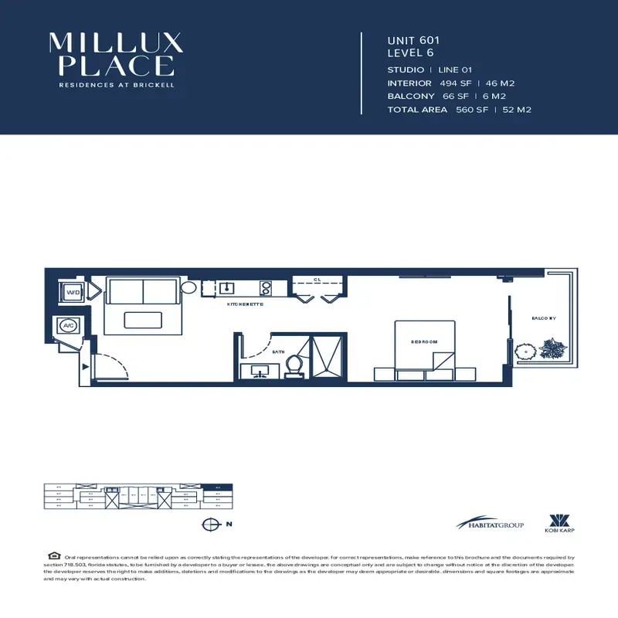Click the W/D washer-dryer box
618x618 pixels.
pos(73,294)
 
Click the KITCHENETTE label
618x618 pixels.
pos(246,305)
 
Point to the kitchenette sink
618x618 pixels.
pos(227,289)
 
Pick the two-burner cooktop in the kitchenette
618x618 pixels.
pos(265,288)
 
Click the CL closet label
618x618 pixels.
pos(317,280)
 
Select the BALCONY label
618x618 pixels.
pos(544,317)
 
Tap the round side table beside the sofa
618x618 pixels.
pos(190,287)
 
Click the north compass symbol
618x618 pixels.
pos(209,525)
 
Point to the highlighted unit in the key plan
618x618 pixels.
pos(221,488)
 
